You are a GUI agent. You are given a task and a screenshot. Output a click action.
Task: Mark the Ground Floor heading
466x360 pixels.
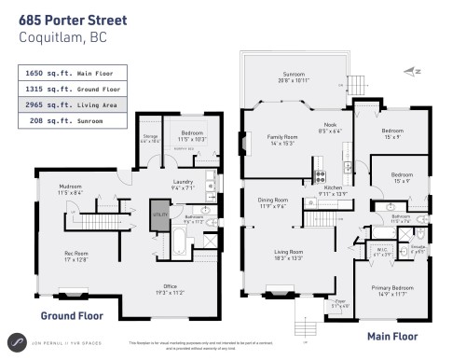coord(70,316)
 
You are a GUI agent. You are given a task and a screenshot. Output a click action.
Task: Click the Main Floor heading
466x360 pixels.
coord(391,335)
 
